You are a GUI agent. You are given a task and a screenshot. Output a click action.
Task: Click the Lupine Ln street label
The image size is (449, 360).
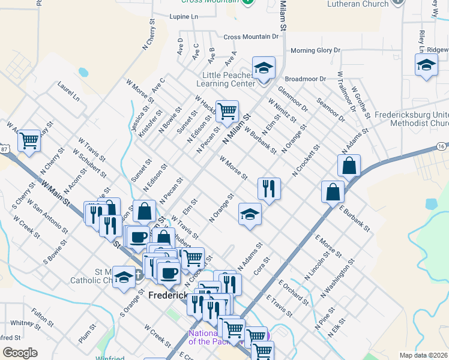tap(184, 17)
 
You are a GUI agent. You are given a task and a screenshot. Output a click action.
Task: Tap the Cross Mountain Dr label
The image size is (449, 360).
tap(252, 37)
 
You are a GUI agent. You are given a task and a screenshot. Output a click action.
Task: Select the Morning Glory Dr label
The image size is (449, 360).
tap(315, 50)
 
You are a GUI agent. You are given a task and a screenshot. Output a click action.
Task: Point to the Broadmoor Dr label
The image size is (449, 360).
tap(305, 79)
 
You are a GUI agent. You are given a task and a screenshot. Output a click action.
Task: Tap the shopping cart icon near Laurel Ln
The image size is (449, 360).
tap(29, 140)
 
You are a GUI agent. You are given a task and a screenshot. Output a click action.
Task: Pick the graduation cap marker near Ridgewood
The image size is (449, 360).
tap(426, 64)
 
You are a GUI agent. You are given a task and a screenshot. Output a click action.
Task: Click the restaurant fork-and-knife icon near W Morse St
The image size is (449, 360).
tap(269, 188)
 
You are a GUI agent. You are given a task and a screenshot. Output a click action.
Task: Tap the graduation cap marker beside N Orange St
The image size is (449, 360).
tap(250, 214)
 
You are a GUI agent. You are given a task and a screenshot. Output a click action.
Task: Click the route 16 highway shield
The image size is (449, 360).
tap(442, 146)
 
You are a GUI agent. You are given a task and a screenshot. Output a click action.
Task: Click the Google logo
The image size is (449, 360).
tap(20, 353)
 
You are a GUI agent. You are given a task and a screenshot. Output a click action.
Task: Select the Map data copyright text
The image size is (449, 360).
tap(423, 355)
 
